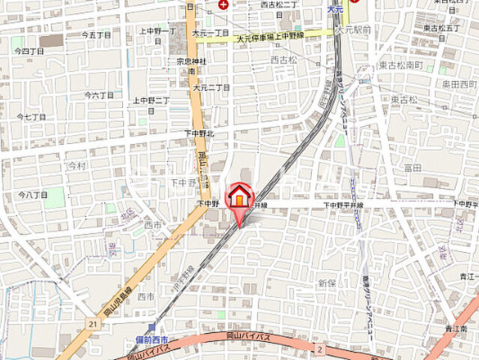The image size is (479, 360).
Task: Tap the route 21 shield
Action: pyautogui.click(x=92, y=323)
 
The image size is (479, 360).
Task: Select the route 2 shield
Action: pyautogui.click(x=319, y=349)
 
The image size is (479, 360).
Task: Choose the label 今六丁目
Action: pyautogui.click(x=99, y=95)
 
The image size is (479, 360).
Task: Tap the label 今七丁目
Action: pyautogui.click(x=31, y=117)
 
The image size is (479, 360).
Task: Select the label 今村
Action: pyautogui.click(x=77, y=164)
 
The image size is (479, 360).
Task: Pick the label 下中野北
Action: pyautogui.click(x=199, y=133)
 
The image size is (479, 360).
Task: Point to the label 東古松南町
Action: pyautogui.click(x=400, y=66)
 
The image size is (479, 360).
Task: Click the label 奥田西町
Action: pyautogui.click(x=458, y=83)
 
